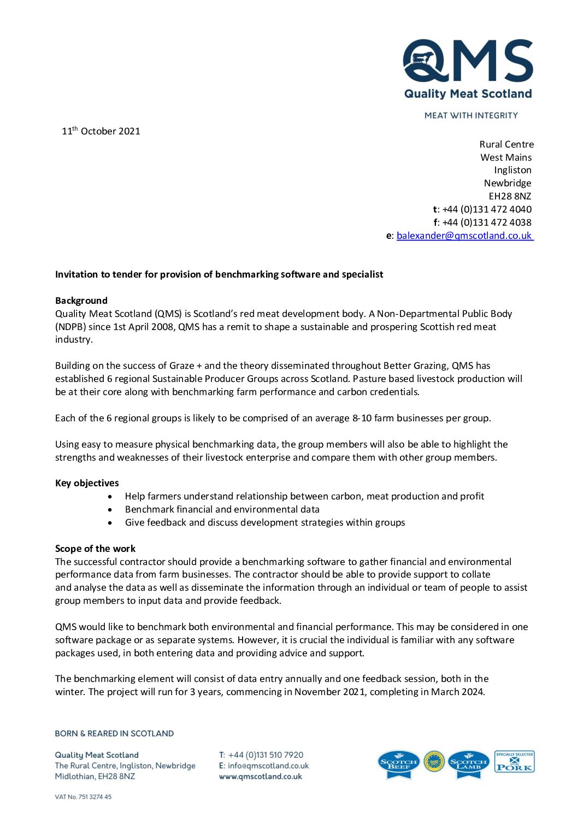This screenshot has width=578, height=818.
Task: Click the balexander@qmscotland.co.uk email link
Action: coord(464,236)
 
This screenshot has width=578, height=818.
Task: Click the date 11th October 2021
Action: coord(101,131)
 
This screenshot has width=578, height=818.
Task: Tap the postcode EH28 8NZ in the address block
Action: coord(510,196)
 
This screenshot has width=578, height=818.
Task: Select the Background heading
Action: coord(81,301)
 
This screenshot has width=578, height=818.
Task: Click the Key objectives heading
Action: coord(87,483)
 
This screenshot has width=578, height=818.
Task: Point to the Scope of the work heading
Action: coord(95,549)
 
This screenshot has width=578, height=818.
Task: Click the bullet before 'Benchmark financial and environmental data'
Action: coord(110,509)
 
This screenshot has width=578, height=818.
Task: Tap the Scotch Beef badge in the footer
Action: coord(399,763)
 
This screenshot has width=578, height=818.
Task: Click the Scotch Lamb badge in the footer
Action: coord(468,763)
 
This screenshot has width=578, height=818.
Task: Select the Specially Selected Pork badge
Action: coord(514,761)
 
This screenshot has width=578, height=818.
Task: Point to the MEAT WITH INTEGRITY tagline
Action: coord(471,115)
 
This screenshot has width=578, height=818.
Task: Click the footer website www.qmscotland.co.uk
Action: coord(260,776)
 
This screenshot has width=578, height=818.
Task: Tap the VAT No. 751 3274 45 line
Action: coord(83,797)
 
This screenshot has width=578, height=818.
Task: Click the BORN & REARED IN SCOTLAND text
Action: coord(114,733)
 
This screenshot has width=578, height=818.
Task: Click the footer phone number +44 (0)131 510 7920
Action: coord(266,755)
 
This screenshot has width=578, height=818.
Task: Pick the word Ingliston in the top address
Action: coord(512,170)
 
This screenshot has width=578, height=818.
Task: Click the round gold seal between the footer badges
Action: coord(434,762)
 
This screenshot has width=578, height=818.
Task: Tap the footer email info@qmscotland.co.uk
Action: coord(268,766)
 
